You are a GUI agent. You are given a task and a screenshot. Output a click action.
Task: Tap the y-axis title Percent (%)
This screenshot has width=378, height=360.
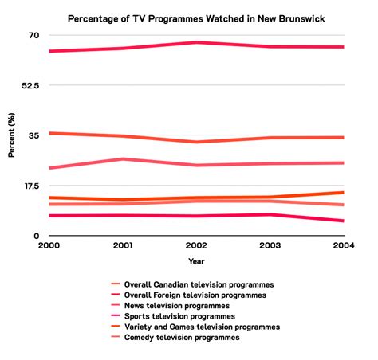[11, 135]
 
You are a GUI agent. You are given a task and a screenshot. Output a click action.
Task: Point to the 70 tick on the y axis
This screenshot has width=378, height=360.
[34, 36]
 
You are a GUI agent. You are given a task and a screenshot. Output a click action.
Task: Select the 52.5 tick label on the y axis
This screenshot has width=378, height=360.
[30, 86]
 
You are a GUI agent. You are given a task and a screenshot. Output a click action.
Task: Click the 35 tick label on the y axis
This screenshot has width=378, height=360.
[34, 136]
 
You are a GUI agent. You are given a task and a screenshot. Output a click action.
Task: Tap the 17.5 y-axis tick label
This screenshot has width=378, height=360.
[30, 186]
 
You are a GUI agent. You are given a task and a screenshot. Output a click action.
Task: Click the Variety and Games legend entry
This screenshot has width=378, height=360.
[202, 327]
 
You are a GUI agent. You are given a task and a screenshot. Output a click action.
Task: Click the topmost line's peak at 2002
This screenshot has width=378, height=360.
[196, 42]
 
